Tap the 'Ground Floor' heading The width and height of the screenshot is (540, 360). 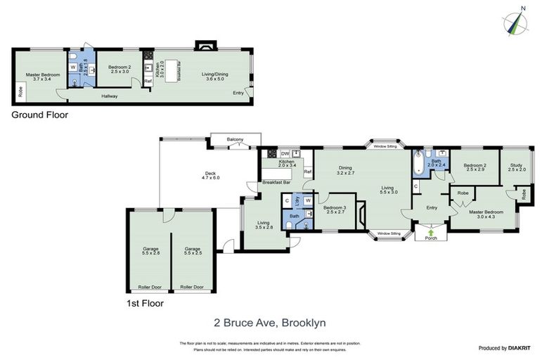(x=40, y=115)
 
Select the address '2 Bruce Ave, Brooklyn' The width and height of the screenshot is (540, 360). (x=270, y=323)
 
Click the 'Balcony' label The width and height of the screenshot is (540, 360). (x=235, y=140)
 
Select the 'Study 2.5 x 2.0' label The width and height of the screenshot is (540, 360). (x=517, y=167)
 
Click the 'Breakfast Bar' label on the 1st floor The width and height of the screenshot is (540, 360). (x=276, y=183)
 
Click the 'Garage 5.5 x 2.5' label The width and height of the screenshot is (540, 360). (x=193, y=250)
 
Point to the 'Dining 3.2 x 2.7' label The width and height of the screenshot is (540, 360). (x=345, y=169)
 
